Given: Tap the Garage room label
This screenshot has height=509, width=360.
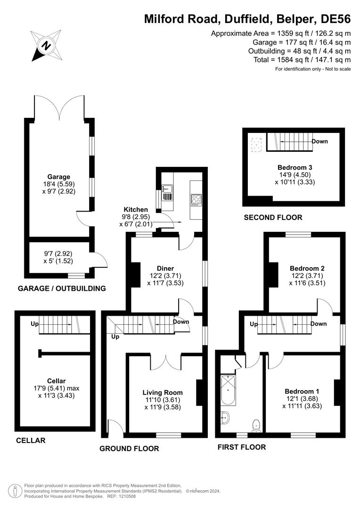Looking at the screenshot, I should pyautogui.click(x=58, y=177).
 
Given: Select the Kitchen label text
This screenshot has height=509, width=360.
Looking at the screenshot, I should pyautogui.click(x=136, y=209).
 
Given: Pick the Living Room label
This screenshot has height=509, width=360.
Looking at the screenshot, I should pyautogui.click(x=163, y=392).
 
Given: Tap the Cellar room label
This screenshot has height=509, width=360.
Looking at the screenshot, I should pyautogui.click(x=56, y=381).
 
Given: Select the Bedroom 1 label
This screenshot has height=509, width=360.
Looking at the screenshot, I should pyautogui.click(x=302, y=391).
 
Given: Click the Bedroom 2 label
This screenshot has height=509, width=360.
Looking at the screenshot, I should pyautogui.click(x=307, y=268).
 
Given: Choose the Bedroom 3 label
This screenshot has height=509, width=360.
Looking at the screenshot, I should pyautogui.click(x=295, y=167).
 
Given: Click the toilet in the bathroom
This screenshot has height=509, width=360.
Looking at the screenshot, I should pyautogui.click(x=256, y=425).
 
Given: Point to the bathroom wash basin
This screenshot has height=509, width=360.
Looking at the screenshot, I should pyautogui.click(x=225, y=417).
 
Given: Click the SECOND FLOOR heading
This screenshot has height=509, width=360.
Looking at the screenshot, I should pyautogui.click(x=273, y=217).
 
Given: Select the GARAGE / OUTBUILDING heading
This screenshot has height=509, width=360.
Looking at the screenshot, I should pyautogui.click(x=61, y=288).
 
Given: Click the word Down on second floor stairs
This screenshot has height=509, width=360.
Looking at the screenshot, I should pyautogui.click(x=319, y=141).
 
